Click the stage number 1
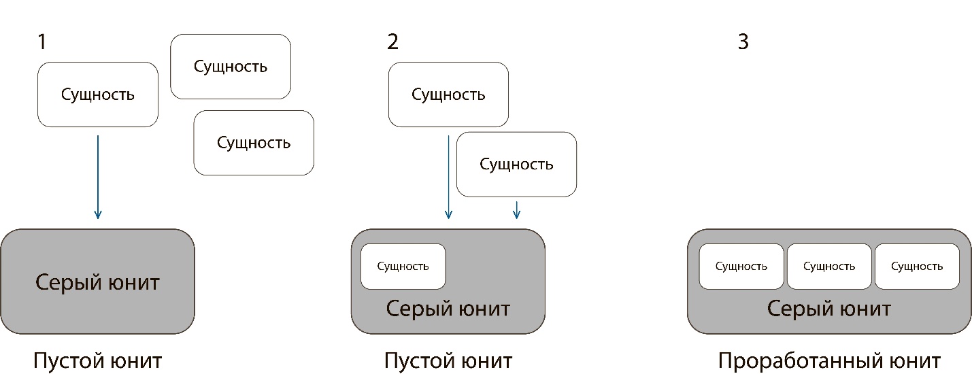tap(42, 42)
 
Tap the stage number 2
tap(392, 42)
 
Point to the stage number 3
tap(743, 42)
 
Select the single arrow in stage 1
tap(98, 177)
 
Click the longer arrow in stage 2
tap(448, 177)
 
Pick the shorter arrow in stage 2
tap(516, 209)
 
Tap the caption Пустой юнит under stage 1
tap(97, 360)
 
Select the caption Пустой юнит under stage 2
tap(448, 360)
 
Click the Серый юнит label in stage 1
tap(97, 282)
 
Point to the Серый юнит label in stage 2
tap(448, 309)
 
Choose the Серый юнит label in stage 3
tap(829, 309)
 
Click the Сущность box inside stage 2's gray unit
tap(403, 266)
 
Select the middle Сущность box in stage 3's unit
tap(829, 266)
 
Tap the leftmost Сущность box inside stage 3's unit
tap(741, 266)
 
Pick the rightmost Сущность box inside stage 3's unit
tap(917, 266)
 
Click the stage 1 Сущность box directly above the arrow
tap(98, 95)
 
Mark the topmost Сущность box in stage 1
tap(231, 67)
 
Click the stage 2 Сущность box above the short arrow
tap(516, 165)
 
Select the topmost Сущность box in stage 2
tap(448, 95)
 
